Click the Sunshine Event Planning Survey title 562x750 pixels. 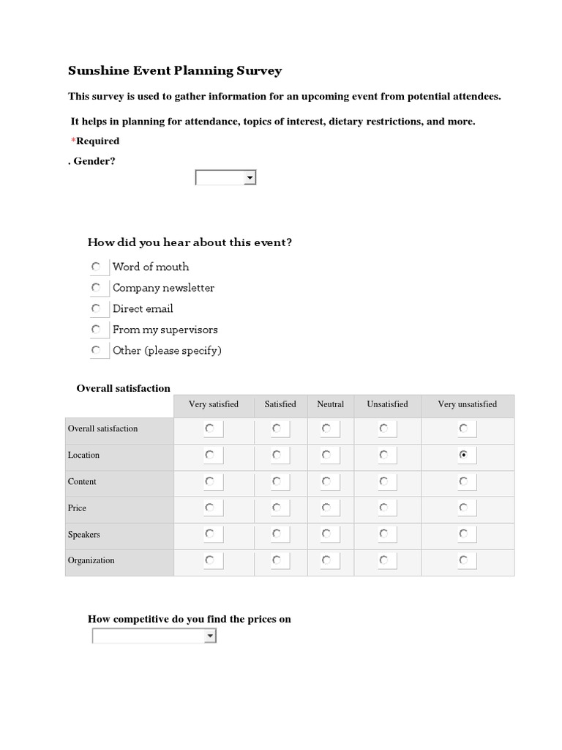coord(175,71)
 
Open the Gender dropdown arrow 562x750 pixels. coord(250,178)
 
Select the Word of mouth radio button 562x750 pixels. coord(96,267)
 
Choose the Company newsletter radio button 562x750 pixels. coord(96,288)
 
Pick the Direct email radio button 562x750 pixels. coord(96,308)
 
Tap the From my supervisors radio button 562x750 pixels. coord(96,330)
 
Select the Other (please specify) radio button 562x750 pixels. coord(96,350)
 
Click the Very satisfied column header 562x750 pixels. coord(214,404)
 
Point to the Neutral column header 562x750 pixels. coord(330,404)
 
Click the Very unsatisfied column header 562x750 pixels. coord(467,404)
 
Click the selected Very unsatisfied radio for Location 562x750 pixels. coord(463,455)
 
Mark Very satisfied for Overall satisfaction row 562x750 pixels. coord(209,428)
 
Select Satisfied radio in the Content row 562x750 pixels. coord(276,481)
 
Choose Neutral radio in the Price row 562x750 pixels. coord(326,508)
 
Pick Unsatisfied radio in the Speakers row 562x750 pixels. coord(383,534)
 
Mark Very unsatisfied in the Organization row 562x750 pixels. coord(463,560)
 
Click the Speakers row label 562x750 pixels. coord(84,535)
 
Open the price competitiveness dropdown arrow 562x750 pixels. coord(210,636)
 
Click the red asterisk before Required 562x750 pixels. coord(73,141)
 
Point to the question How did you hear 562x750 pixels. coord(190,242)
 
